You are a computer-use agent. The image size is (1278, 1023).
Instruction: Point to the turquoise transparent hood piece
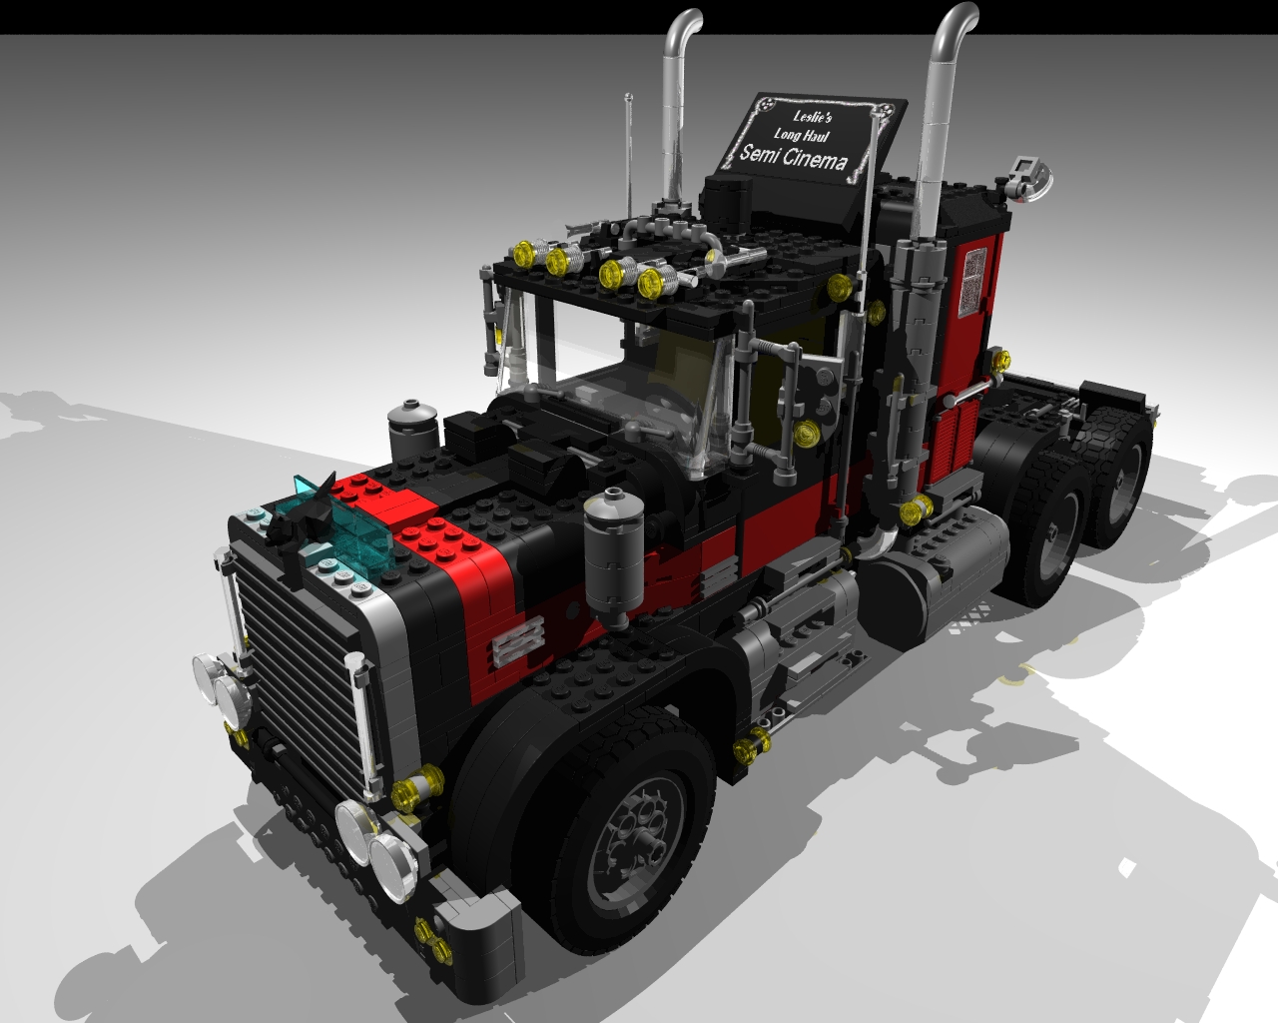(x=350, y=529)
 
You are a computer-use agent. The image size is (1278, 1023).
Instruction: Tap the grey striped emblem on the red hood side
(x=519, y=639)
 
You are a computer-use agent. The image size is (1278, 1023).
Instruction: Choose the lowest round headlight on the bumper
(x=393, y=859)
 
